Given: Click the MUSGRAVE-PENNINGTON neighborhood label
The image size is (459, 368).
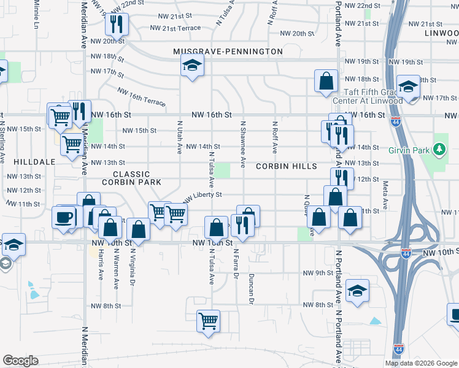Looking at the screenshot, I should pos(228,52).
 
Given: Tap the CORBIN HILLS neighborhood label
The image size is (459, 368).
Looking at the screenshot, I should pos(286,166).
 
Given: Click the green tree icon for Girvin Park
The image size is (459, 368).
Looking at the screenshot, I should pos(439,149).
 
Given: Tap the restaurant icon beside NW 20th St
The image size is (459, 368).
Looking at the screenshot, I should pos(115,25).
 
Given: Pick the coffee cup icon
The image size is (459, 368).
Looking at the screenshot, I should pos(64,217).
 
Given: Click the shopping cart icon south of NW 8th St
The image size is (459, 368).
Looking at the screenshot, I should pos(208,320).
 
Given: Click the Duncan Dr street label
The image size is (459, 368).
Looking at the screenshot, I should pos(251,288).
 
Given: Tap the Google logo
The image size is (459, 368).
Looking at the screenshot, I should pos(20,361).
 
